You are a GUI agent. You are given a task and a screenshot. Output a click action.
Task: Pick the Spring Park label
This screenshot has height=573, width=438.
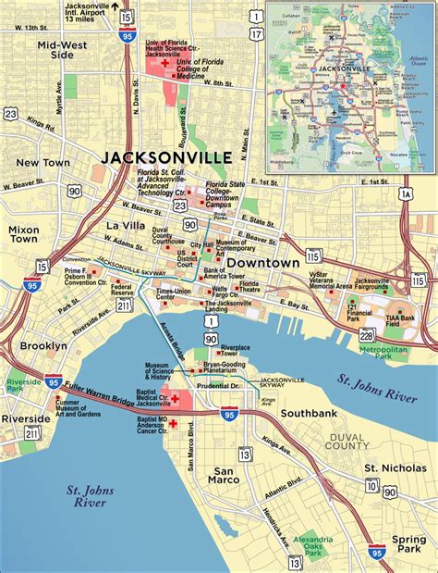pos(408,543)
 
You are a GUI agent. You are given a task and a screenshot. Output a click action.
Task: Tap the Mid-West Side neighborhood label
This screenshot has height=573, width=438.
pos(63,49)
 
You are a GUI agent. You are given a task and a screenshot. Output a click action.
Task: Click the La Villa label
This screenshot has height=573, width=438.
pos(126,225)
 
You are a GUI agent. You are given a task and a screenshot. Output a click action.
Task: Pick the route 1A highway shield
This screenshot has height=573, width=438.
pos(406,193)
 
